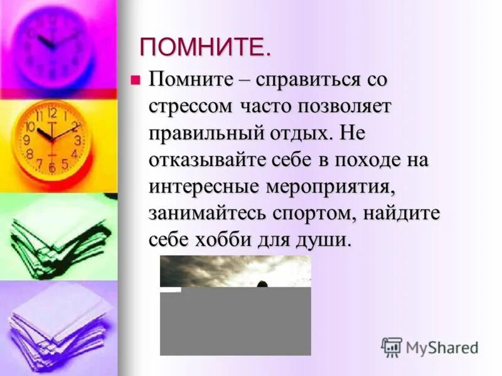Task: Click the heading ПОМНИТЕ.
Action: pos(205,48)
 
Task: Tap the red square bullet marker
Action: pos(133,79)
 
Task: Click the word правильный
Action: pos(200,133)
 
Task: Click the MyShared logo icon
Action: pos(392,347)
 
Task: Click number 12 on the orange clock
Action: pos(51,113)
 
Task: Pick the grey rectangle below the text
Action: pos(235,321)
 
